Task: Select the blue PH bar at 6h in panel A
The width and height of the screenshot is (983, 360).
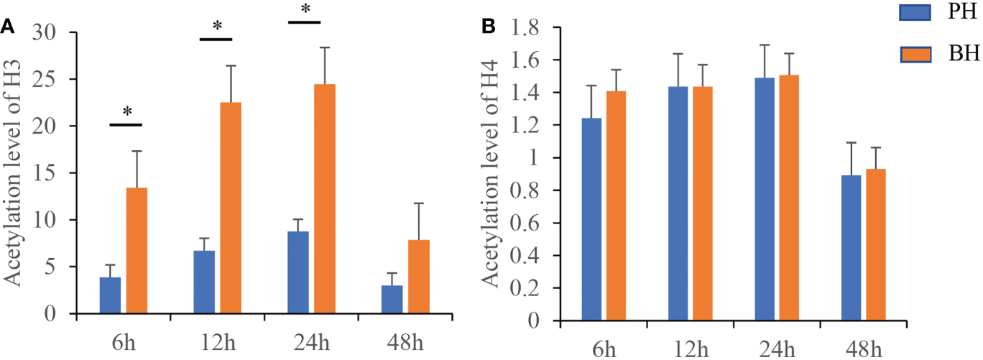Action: (110, 295)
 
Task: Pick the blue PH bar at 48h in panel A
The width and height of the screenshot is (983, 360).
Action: (392, 299)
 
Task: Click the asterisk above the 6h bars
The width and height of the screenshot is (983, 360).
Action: (126, 112)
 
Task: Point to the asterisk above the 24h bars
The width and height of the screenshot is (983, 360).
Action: (305, 9)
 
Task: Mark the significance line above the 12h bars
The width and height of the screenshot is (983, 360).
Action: (216, 38)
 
